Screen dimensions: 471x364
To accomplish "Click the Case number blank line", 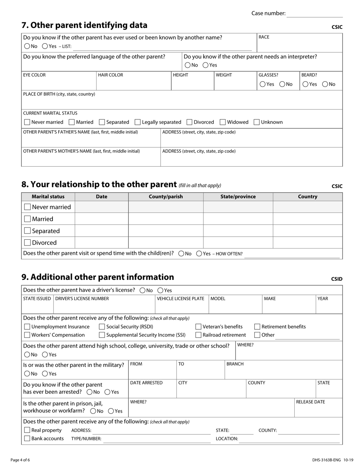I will (x=315, y=14).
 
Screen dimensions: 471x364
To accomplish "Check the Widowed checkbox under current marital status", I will (x=223, y=122).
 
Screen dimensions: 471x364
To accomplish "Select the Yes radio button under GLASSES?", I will (x=262, y=84).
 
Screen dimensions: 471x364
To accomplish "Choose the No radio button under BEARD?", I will (x=325, y=84).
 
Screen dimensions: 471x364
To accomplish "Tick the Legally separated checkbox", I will (x=138, y=122).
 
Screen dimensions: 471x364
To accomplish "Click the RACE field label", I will (x=264, y=37).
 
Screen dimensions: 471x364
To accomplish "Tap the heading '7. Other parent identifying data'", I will (x=84, y=25).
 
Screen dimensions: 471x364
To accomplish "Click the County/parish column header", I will (x=166, y=196).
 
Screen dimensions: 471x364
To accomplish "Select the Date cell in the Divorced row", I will (x=102, y=242).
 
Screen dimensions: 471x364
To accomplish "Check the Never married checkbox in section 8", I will (x=27, y=207).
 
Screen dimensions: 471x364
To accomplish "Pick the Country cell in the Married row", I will (x=307, y=219).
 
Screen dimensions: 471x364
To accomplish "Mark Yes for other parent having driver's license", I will (x=161, y=290).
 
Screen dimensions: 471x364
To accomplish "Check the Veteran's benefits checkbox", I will (x=198, y=327).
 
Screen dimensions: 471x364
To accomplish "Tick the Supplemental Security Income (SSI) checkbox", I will (x=102, y=335).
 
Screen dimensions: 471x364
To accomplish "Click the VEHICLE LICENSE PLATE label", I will (x=180, y=299).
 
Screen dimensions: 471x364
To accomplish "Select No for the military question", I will (x=27, y=374).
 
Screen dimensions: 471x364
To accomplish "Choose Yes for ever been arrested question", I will (x=108, y=392).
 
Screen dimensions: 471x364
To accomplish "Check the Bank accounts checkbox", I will (x=27, y=438).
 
